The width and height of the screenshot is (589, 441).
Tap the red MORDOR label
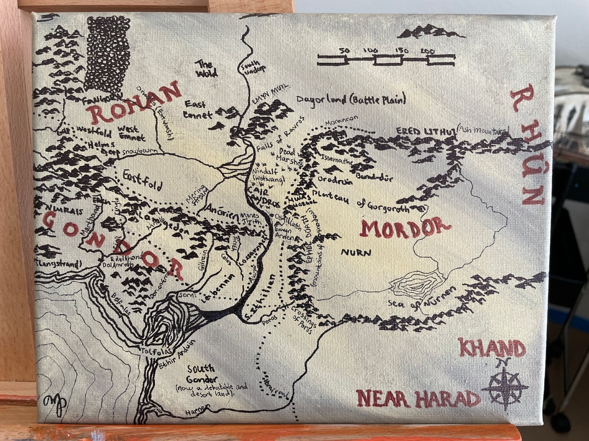tap(405, 228)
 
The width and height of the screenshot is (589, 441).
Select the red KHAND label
tap(491, 347)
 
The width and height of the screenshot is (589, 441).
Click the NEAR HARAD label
tap(418, 399)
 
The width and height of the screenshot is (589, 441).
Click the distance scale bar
tap(387, 59)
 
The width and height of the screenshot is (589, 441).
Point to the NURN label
tap(356, 253)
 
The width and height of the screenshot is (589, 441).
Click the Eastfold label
tap(142, 180)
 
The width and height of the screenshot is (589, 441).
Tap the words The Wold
tap(206, 69)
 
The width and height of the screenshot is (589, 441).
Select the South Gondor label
tap(201, 373)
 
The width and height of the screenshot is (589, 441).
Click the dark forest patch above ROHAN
tap(107, 54)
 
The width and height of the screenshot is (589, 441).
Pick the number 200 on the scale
tap(428, 51)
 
